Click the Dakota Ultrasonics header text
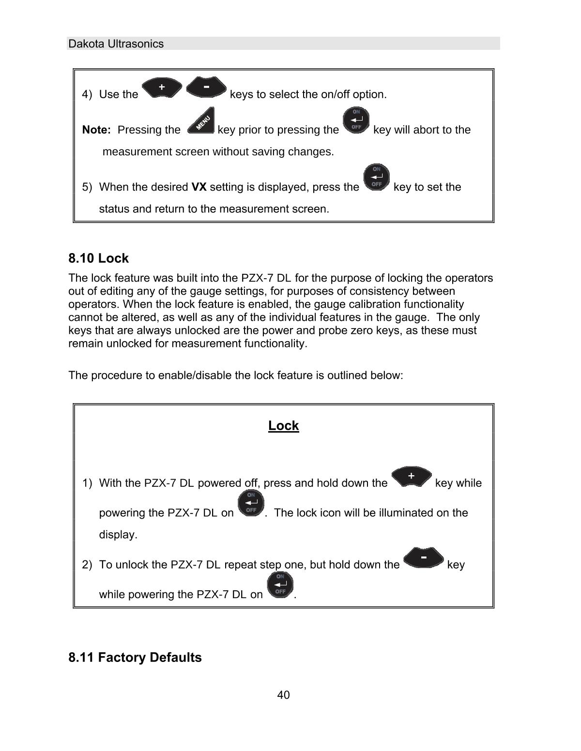click(116, 44)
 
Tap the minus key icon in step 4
click(206, 87)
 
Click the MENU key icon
click(201, 120)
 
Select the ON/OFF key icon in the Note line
click(356, 120)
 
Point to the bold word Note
click(96, 130)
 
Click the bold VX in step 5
click(199, 187)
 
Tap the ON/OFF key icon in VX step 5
click(376, 177)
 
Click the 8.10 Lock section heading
click(98, 258)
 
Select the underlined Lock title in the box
click(283, 425)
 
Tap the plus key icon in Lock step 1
click(411, 476)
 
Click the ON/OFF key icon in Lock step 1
click(251, 503)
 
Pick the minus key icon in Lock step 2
click(423, 557)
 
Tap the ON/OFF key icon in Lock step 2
click(280, 585)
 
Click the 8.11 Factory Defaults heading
click(135, 657)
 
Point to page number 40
click(283, 695)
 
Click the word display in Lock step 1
click(118, 535)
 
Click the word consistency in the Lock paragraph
click(373, 291)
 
